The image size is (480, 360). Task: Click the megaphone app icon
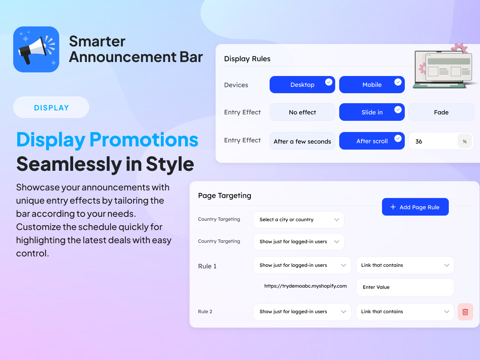point(36,49)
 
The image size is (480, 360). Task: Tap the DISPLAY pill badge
point(51,107)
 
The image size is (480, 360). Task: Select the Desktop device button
point(302,84)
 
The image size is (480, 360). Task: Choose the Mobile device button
point(372,84)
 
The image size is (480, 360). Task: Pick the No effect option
point(302,112)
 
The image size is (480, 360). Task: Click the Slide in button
point(372,112)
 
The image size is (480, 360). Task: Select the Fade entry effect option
point(441,112)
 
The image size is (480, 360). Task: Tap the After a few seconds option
point(302,141)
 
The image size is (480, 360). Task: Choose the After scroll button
point(372,141)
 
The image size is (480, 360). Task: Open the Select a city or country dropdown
point(298,220)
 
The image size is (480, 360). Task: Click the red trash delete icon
point(465,312)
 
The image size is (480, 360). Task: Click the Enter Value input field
point(405,287)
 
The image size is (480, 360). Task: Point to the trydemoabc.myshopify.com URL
point(306,286)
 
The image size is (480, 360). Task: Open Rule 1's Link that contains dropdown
point(405,265)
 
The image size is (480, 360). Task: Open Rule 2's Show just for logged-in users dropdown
point(302,312)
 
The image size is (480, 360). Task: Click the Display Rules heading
point(247,58)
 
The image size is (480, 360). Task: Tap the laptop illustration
point(444,68)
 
